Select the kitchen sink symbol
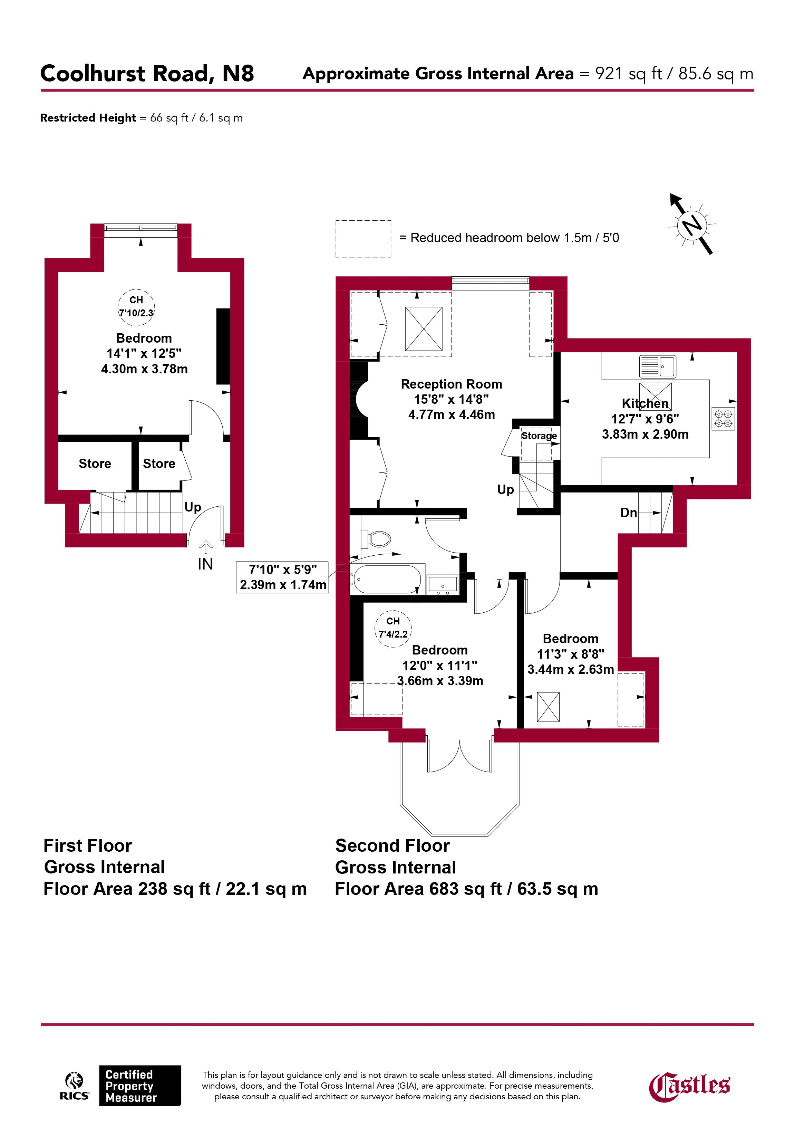click(658, 367)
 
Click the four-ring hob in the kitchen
click(723, 419)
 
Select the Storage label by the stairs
click(539, 436)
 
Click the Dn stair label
click(629, 513)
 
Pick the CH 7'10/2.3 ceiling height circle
click(136, 306)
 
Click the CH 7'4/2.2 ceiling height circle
click(393, 628)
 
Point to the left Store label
click(95, 463)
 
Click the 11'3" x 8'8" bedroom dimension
click(571, 654)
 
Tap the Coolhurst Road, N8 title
click(147, 73)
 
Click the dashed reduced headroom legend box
click(363, 239)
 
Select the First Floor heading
click(88, 845)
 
